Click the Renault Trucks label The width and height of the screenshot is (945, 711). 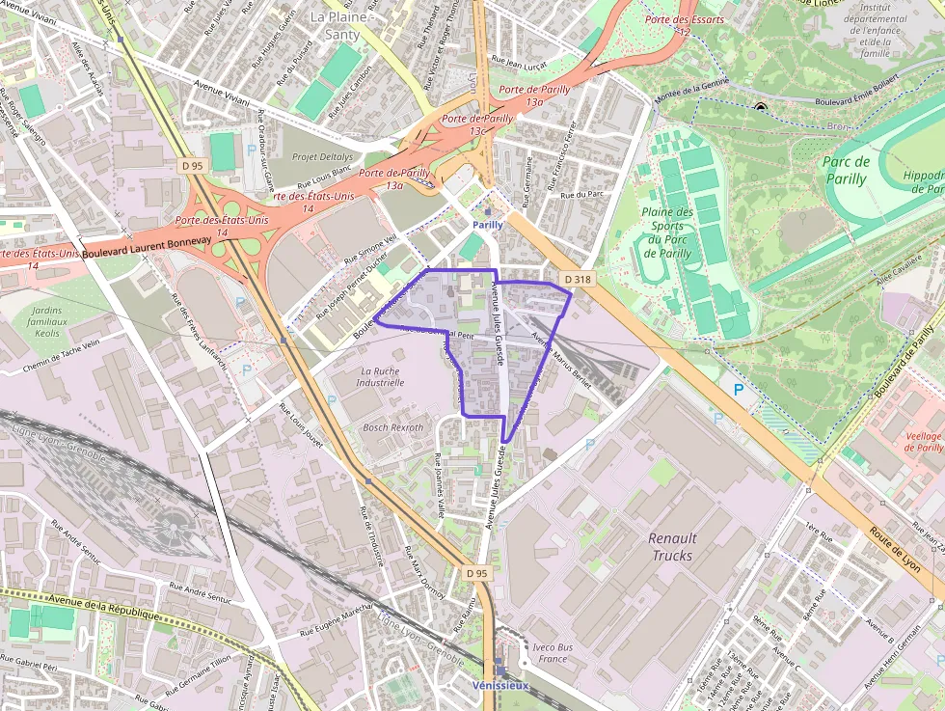coord(672,546)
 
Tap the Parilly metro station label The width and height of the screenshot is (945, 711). coord(488,225)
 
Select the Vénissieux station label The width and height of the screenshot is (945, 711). coord(500,685)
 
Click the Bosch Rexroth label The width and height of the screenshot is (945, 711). coord(392,427)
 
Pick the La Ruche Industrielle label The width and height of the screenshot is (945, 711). coord(380,376)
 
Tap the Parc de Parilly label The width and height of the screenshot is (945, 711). coord(847,170)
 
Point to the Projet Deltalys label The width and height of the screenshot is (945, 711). coord(322,157)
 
